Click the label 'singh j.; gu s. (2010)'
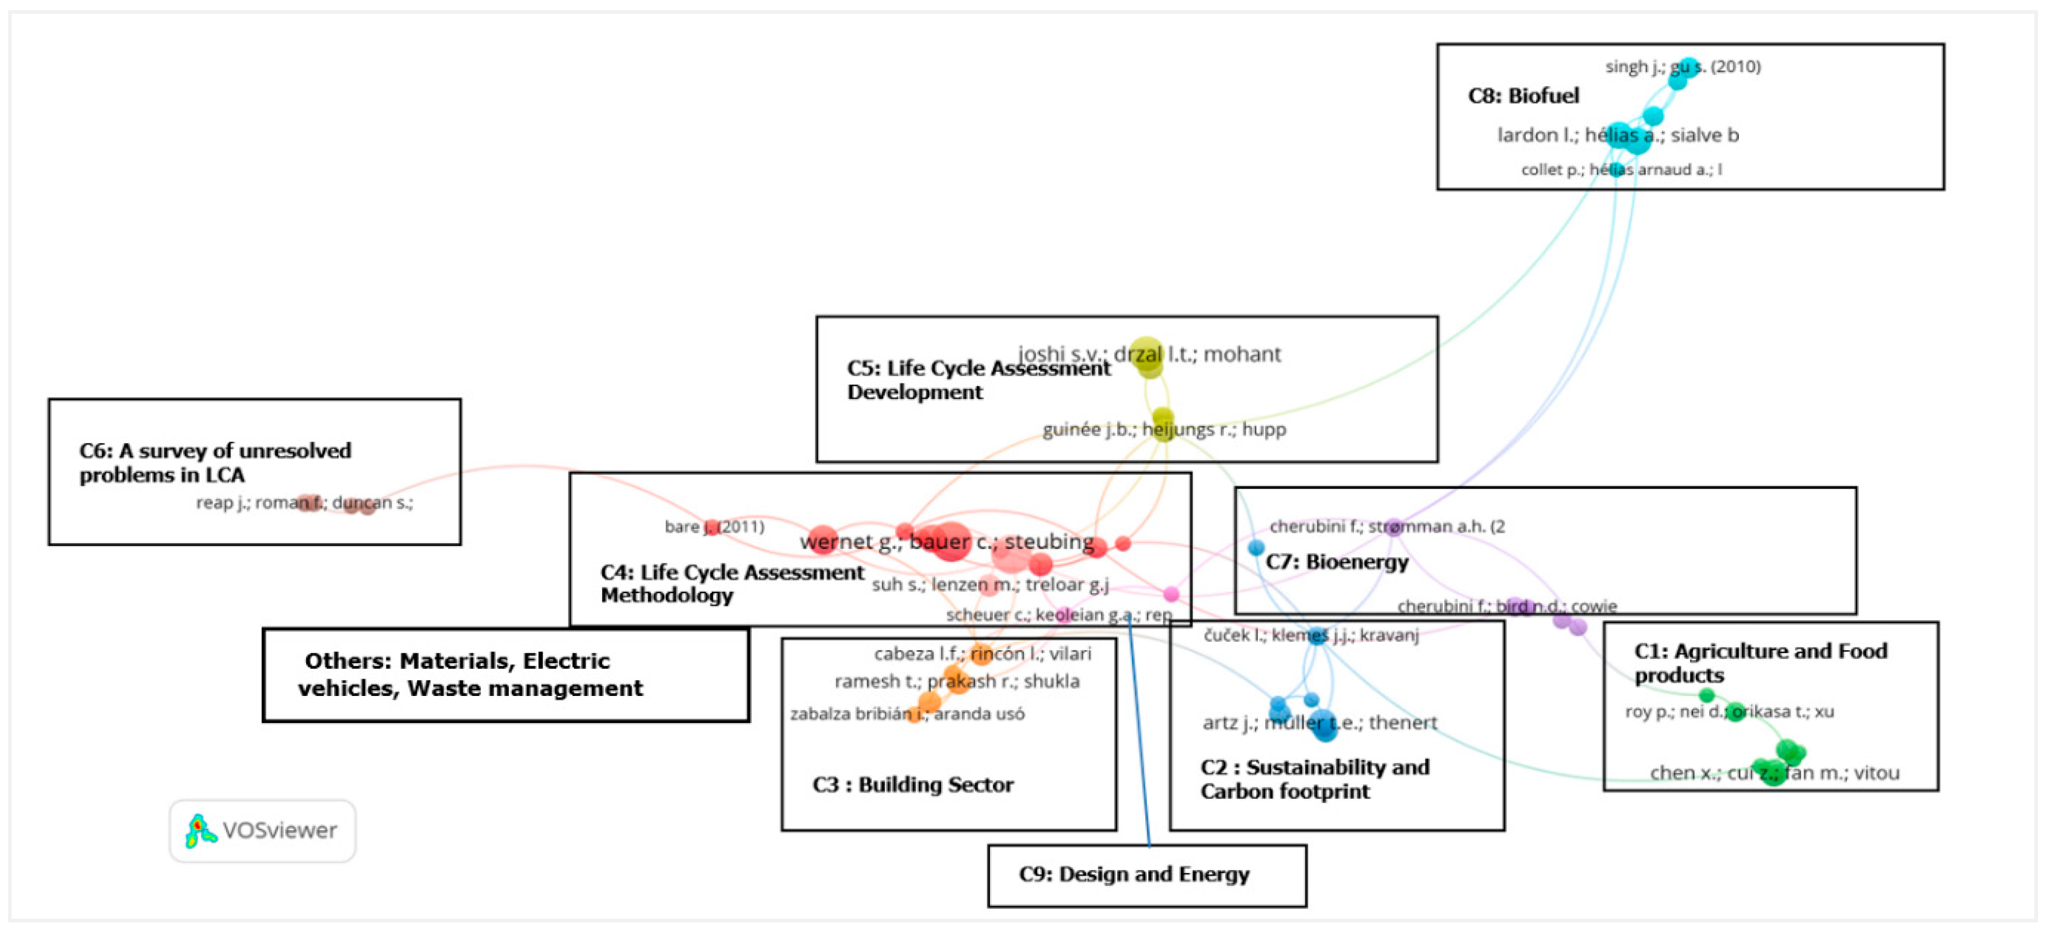point(1682,67)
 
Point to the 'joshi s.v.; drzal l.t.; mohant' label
point(1149,354)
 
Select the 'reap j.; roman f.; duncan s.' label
point(305,503)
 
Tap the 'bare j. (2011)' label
point(714,527)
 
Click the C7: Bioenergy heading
point(1336,562)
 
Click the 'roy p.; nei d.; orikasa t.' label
point(1729,711)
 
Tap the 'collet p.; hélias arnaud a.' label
point(1621,170)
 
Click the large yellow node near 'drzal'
point(1147,353)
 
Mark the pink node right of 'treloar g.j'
point(1171,594)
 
